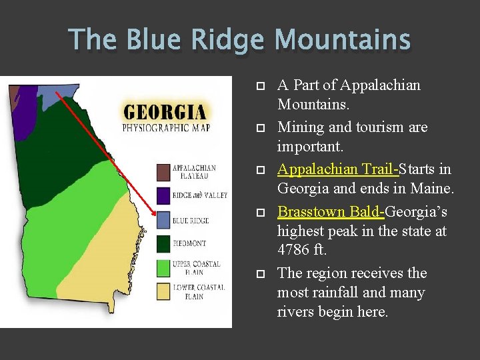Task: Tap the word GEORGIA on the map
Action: (x=164, y=111)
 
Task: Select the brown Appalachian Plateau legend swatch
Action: (x=163, y=172)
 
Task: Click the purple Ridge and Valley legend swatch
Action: (x=163, y=195)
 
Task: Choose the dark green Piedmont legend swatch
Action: (x=163, y=244)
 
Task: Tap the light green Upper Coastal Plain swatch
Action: (x=163, y=267)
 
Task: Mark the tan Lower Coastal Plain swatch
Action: (x=163, y=291)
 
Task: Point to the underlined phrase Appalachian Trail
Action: (x=337, y=169)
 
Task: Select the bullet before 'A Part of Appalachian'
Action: (x=261, y=86)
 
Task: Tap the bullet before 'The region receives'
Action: (x=261, y=274)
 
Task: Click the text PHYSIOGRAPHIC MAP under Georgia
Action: (x=165, y=127)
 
